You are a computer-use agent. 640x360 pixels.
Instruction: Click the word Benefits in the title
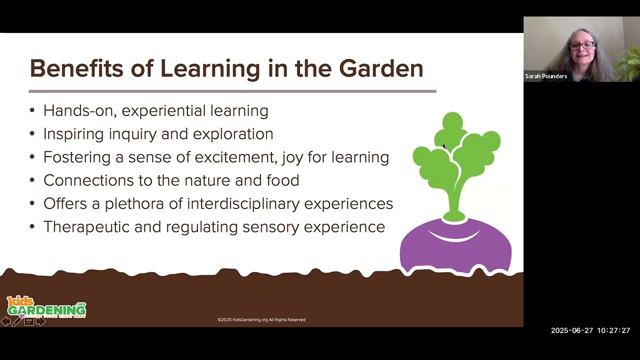76,68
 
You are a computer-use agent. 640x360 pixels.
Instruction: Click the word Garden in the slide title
381,68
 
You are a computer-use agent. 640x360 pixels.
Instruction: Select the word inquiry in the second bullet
160,134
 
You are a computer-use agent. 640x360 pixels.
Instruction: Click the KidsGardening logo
46,307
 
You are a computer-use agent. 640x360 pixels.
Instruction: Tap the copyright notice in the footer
261,319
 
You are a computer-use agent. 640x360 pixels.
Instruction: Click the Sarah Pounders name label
546,76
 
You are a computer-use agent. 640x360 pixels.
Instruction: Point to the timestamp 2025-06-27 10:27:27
590,330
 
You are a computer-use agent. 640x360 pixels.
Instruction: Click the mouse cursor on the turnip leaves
443,146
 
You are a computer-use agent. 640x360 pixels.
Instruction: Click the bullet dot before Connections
32,180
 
